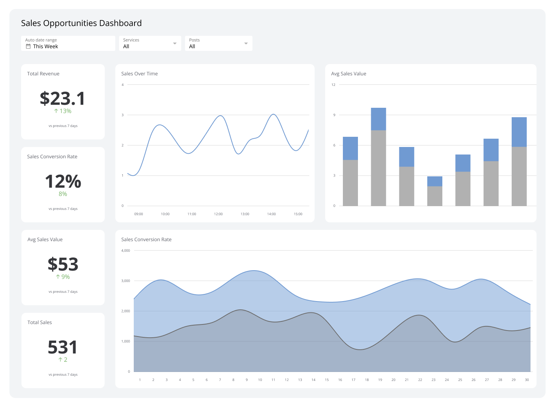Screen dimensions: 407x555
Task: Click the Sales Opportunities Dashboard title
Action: pyautogui.click(x=81, y=23)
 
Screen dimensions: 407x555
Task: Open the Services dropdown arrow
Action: pyautogui.click(x=175, y=43)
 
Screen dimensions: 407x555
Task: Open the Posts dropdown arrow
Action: pyautogui.click(x=246, y=43)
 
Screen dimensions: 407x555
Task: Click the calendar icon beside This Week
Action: pyautogui.click(x=28, y=46)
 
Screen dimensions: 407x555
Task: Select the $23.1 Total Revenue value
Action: pyautogui.click(x=63, y=98)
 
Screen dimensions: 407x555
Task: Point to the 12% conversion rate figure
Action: pyautogui.click(x=63, y=181)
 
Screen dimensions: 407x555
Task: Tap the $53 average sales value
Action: pyautogui.click(x=63, y=264)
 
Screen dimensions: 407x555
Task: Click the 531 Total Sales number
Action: pyautogui.click(x=63, y=347)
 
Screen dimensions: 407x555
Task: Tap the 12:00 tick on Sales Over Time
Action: pyautogui.click(x=218, y=214)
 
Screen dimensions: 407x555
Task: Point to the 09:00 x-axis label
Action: pyautogui.click(x=139, y=214)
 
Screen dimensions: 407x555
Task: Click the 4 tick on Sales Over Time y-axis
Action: pyautogui.click(x=122, y=85)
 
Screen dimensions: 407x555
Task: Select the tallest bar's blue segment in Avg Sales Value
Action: pyautogui.click(x=378, y=119)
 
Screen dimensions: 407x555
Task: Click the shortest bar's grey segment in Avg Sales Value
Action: pyautogui.click(x=434, y=196)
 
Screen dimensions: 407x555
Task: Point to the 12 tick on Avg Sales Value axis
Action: pyautogui.click(x=333, y=85)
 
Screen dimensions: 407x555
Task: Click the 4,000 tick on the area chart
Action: pyautogui.click(x=125, y=251)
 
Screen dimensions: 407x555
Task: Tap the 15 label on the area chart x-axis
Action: pyautogui.click(x=327, y=380)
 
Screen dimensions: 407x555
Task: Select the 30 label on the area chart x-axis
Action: pyautogui.click(x=527, y=380)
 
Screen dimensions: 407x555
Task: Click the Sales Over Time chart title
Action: pyautogui.click(x=139, y=74)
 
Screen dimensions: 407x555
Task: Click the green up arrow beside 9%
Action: pyautogui.click(x=58, y=277)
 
